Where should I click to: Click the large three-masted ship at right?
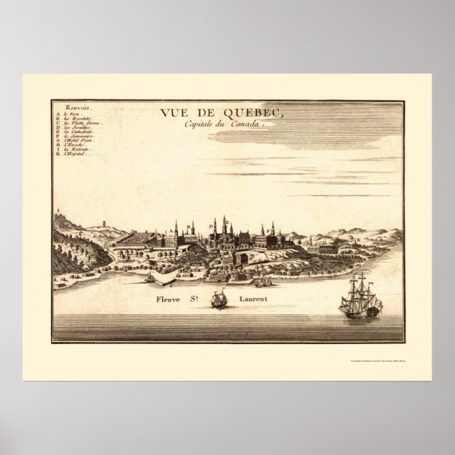click(360, 296)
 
